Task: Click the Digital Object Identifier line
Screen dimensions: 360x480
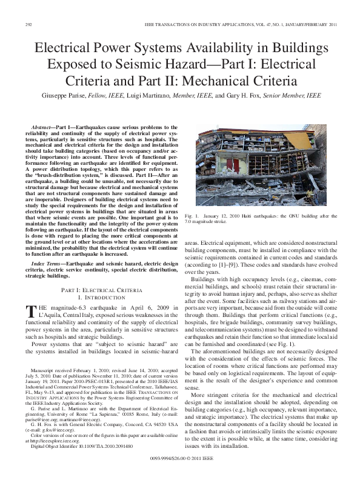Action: pyautogui.click(x=73, y=445)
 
